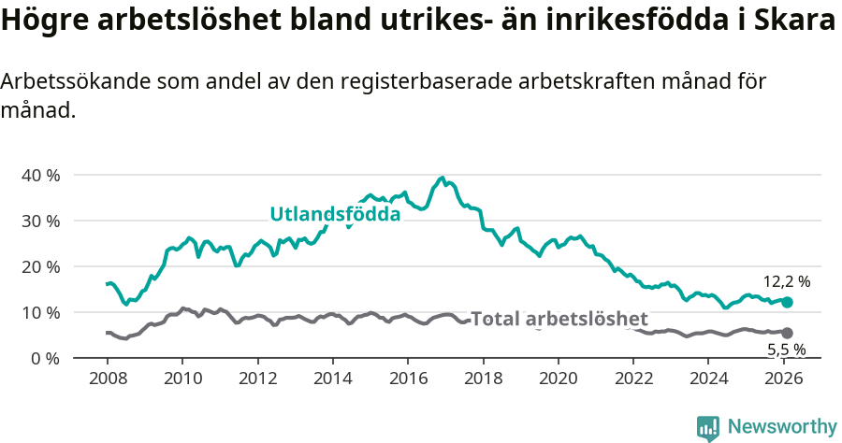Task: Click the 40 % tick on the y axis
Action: pyautogui.click(x=40, y=175)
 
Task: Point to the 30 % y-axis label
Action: pyautogui.click(x=40, y=221)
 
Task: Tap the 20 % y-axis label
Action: pyautogui.click(x=40, y=266)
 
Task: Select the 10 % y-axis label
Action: pyautogui.click(x=40, y=312)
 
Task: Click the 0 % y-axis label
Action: pyautogui.click(x=44, y=358)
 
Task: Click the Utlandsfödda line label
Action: pyautogui.click(x=335, y=214)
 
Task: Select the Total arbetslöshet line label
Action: pyautogui.click(x=559, y=319)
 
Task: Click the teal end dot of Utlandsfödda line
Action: pyautogui.click(x=787, y=302)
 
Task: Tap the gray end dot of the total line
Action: pyautogui.click(x=787, y=333)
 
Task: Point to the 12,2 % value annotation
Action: pyautogui.click(x=786, y=280)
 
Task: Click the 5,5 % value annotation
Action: pyautogui.click(x=786, y=350)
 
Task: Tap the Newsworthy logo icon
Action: pyautogui.click(x=708, y=428)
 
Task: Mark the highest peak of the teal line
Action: pyautogui.click(x=442, y=178)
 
